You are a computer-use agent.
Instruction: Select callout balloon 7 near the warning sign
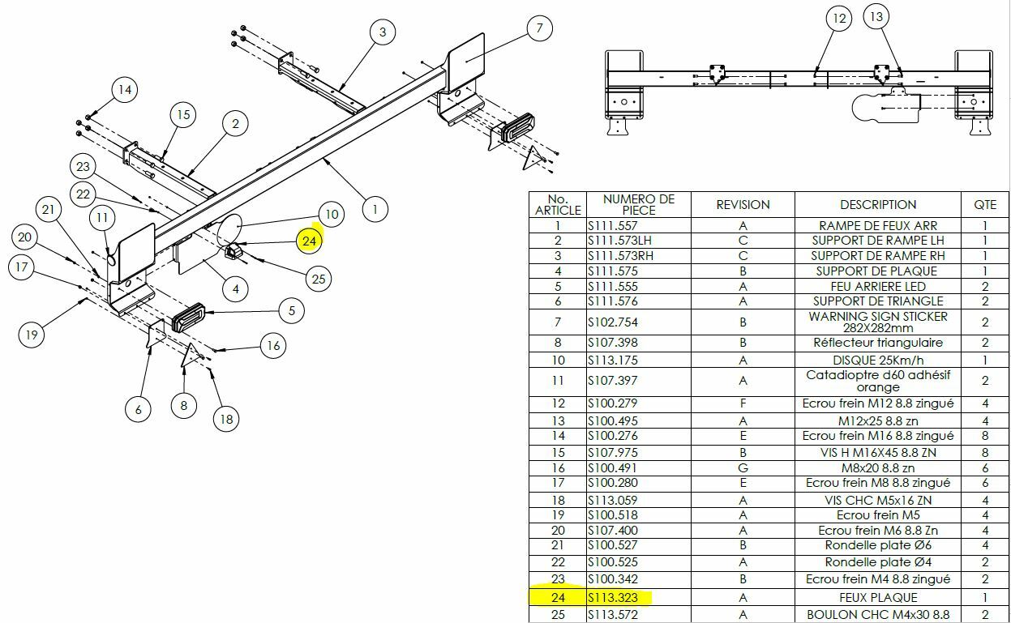click(539, 28)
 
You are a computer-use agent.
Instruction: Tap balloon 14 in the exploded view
click(123, 89)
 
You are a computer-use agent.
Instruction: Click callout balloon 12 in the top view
click(839, 18)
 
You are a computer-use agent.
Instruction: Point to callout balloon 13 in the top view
click(876, 16)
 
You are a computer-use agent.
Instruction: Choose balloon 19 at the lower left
click(32, 334)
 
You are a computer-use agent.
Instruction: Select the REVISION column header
click(743, 205)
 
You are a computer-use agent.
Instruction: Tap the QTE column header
click(985, 205)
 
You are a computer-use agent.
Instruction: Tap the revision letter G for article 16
click(743, 467)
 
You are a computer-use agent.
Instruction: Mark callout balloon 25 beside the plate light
click(318, 279)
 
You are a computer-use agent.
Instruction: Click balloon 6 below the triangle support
click(139, 410)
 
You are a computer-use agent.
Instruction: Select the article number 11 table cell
click(557, 381)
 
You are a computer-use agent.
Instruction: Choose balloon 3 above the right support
click(383, 32)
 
